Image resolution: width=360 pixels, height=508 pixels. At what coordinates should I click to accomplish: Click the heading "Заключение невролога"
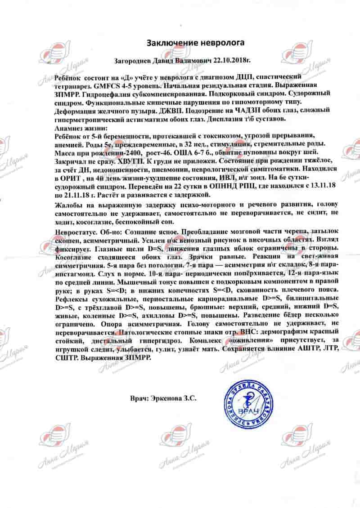[x=196, y=43]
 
